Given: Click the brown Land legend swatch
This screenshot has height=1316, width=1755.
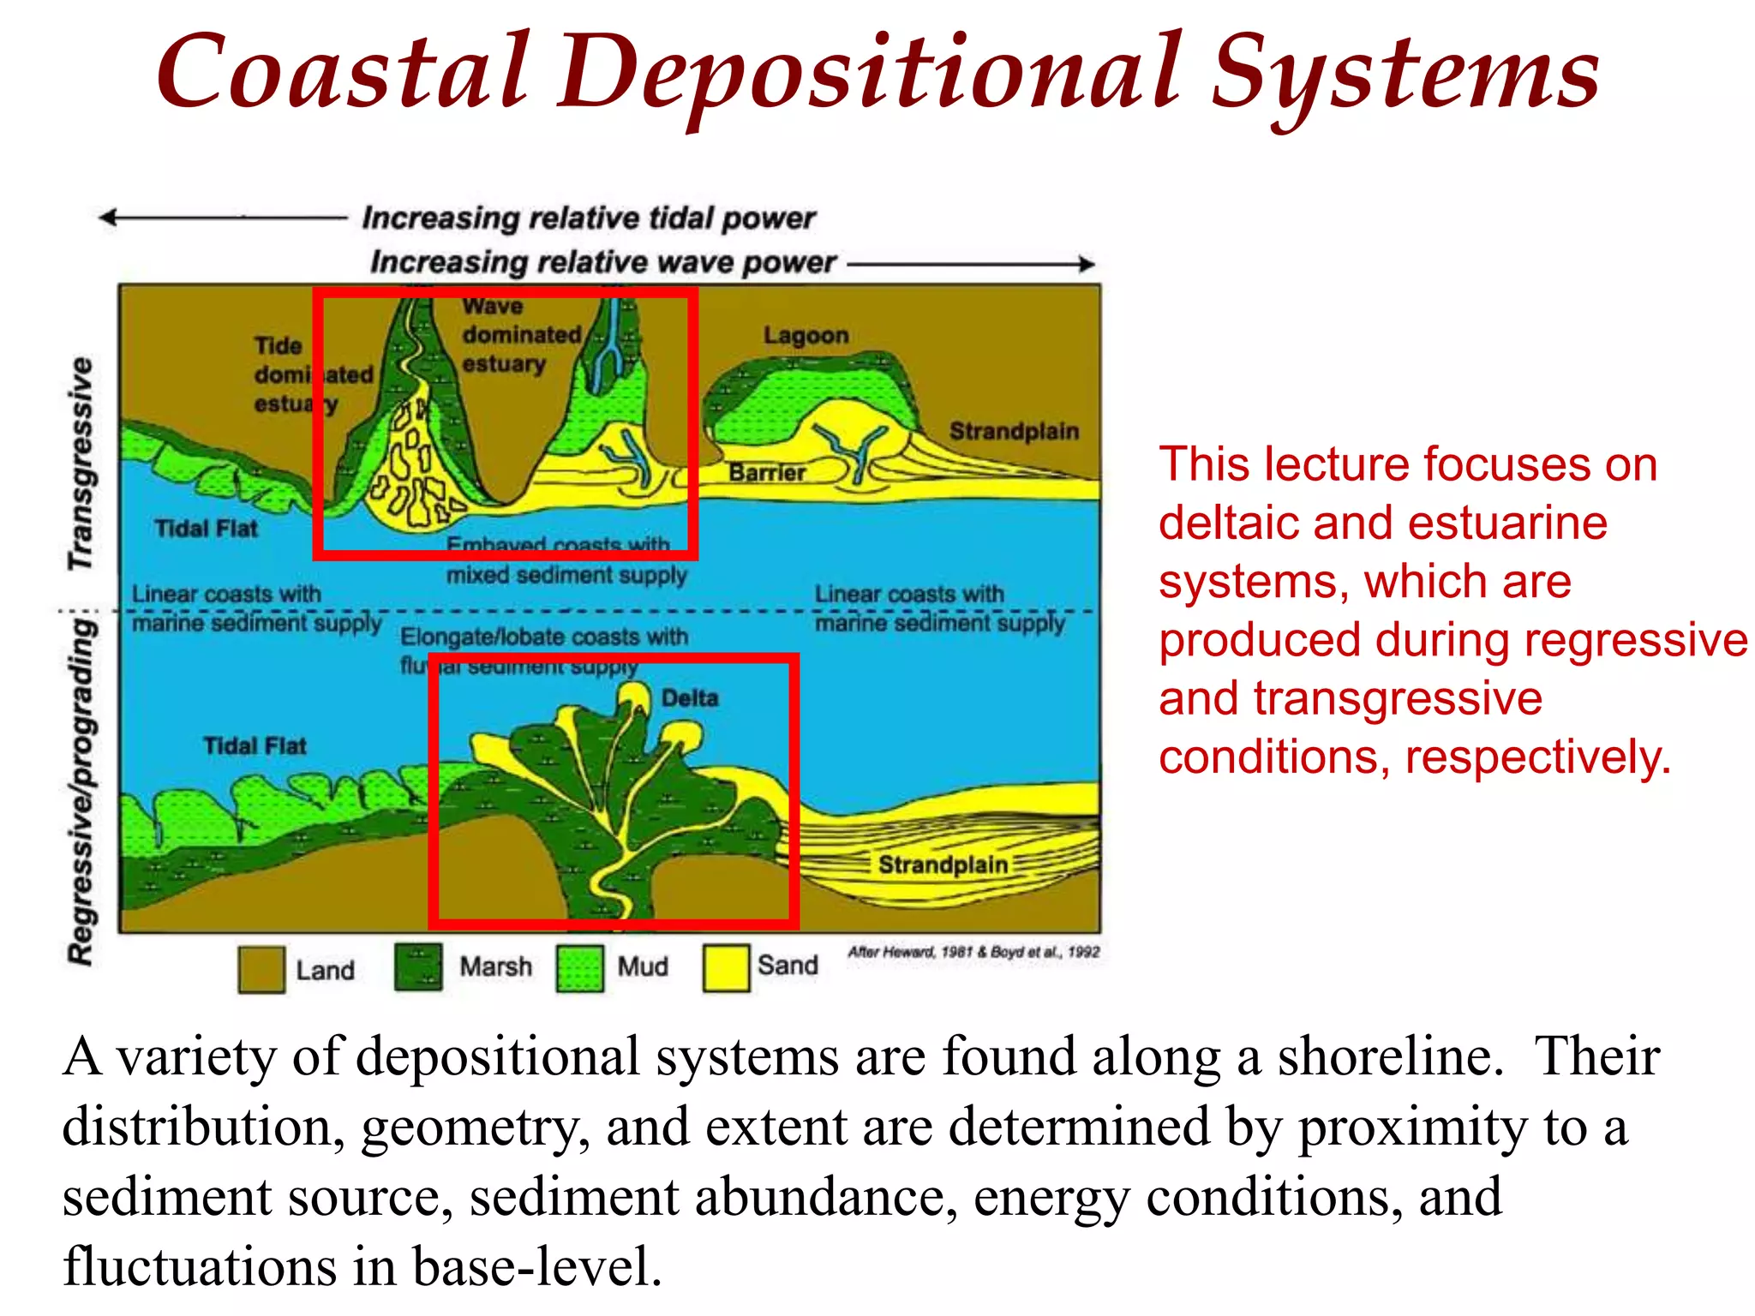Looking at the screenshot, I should tap(261, 969).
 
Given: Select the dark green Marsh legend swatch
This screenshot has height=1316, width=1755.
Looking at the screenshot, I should tap(418, 966).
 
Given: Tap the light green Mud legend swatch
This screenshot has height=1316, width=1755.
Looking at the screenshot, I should tap(579, 968).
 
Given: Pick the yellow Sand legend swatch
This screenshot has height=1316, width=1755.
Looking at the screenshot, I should tap(726, 968).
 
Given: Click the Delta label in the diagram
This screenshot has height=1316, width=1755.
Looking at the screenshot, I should tap(689, 697).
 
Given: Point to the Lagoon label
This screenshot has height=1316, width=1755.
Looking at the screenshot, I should tap(806, 336).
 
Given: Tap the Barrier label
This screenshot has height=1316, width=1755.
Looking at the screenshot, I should tap(767, 473).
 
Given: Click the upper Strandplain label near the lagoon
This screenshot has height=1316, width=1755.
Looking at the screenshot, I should tap(1013, 431).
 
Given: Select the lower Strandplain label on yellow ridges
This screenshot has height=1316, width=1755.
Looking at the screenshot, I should tap(943, 864).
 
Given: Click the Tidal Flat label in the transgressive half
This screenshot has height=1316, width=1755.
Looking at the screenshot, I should tap(206, 529).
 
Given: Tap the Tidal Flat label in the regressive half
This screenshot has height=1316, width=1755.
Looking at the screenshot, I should tap(255, 746).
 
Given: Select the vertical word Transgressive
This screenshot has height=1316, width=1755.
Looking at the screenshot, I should tap(81, 464).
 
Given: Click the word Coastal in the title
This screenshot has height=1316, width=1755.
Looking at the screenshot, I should tap(343, 73).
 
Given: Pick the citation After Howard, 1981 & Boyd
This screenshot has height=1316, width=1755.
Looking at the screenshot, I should tap(973, 952).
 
